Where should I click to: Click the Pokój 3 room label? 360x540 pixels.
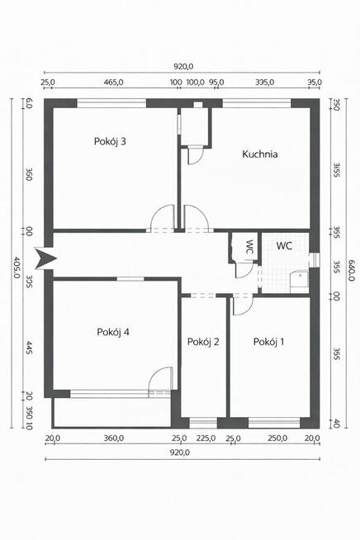coord(110,141)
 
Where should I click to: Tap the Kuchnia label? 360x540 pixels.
coord(260,154)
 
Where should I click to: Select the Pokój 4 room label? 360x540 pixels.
coord(113,332)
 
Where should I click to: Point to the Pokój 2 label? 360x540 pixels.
coord(203,342)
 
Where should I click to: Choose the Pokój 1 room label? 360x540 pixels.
coord(268,342)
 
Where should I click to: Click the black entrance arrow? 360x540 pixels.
coord(45,258)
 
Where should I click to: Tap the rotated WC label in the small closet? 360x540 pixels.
coord(249,247)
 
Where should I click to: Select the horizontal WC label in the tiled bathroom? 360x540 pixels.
coord(284,245)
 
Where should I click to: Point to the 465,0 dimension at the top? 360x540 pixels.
coord(114,83)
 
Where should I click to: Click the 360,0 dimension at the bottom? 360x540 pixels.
coord(114,438)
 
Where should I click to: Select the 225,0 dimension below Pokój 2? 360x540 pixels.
coord(206,438)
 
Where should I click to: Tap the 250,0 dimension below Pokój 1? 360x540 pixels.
coord(277,438)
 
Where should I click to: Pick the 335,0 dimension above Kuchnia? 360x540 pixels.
coord(264,83)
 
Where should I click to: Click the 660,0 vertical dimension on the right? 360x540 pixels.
coord(352,270)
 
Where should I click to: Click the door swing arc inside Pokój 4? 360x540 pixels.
coord(159,377)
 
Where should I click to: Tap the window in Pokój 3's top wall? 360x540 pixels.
coord(111,103)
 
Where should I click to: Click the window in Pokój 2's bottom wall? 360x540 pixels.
coord(203,423)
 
